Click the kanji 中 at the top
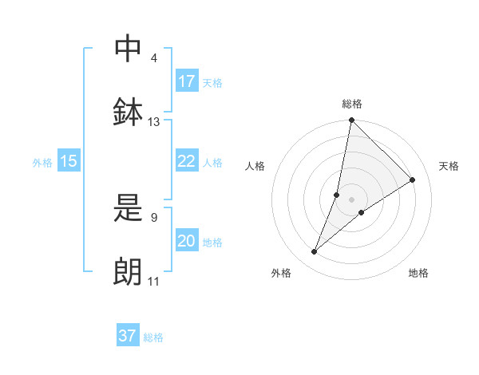point(129,48)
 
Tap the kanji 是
point(129,207)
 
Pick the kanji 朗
point(129,270)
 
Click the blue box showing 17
point(187,81)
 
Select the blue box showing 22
point(187,161)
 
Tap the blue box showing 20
point(187,241)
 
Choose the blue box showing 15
point(69,161)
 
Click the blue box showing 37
point(128,336)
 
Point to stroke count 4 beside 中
point(154,58)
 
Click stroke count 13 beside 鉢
point(154,122)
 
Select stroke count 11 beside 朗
point(154,281)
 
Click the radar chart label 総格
point(351,104)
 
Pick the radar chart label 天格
point(449,166)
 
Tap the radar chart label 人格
point(255,166)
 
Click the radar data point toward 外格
point(315,252)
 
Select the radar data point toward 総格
point(351,121)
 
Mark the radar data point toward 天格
point(413,180)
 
